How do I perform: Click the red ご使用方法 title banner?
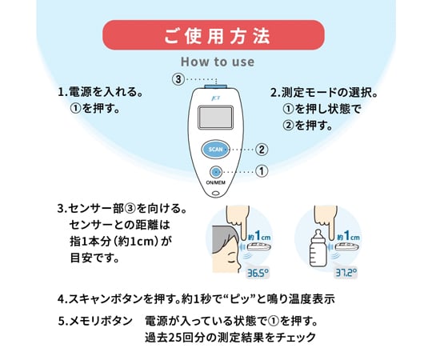tap(214, 35)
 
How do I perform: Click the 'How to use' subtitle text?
tap(218, 62)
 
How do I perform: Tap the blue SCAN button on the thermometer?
tap(216, 150)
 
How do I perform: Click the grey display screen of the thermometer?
tap(216, 118)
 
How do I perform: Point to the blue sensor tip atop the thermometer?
tap(216, 86)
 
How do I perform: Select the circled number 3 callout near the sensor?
tap(178, 79)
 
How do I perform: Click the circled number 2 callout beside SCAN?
tap(261, 150)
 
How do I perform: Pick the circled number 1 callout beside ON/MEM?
tap(262, 171)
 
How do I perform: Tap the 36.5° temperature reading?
tap(258, 273)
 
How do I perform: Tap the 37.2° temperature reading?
tap(346, 273)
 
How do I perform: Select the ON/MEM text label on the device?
tap(216, 182)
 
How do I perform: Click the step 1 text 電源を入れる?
tap(106, 92)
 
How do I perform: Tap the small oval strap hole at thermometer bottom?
tap(217, 193)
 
